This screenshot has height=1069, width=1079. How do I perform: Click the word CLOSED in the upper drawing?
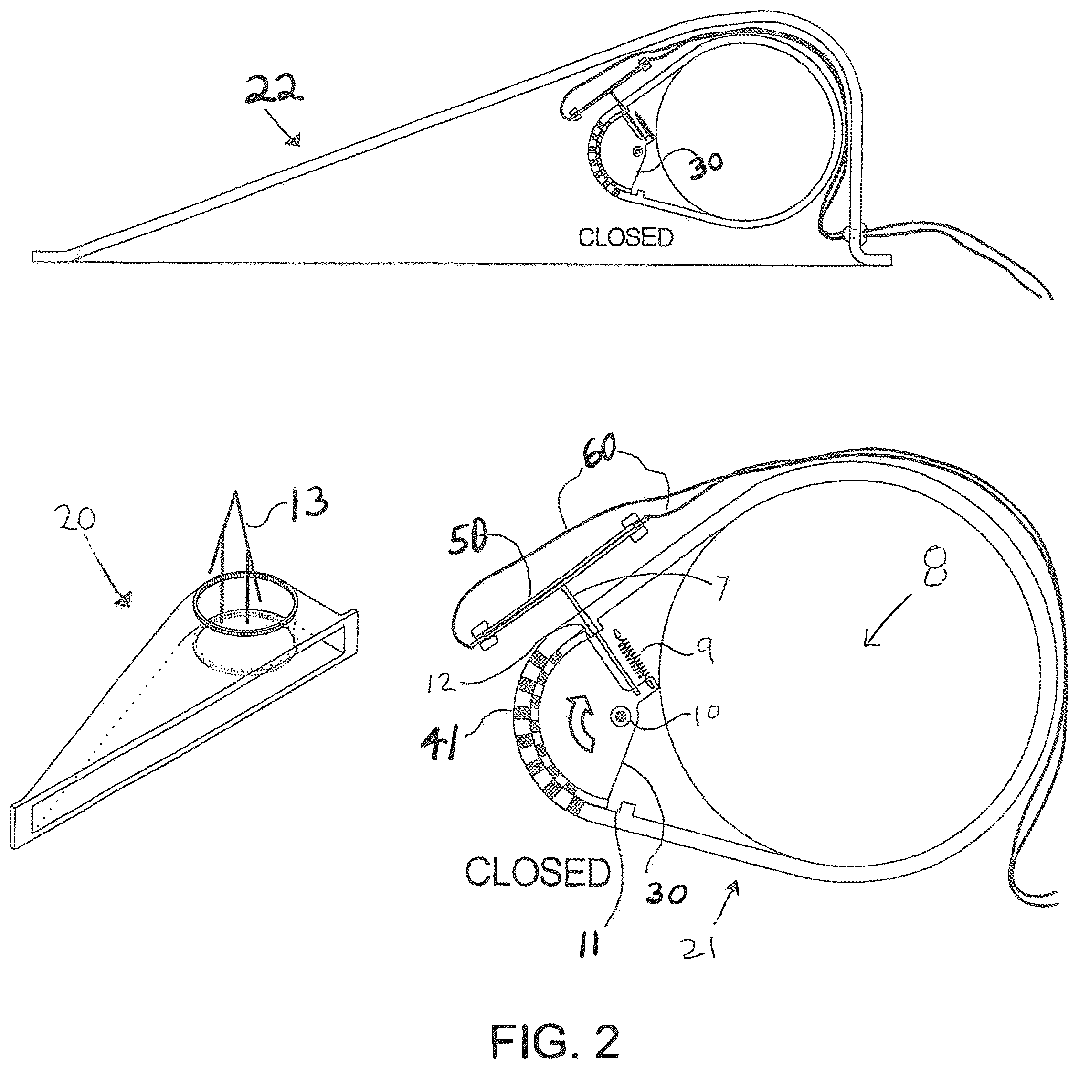click(x=625, y=238)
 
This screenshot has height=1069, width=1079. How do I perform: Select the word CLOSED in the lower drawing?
click(x=538, y=872)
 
